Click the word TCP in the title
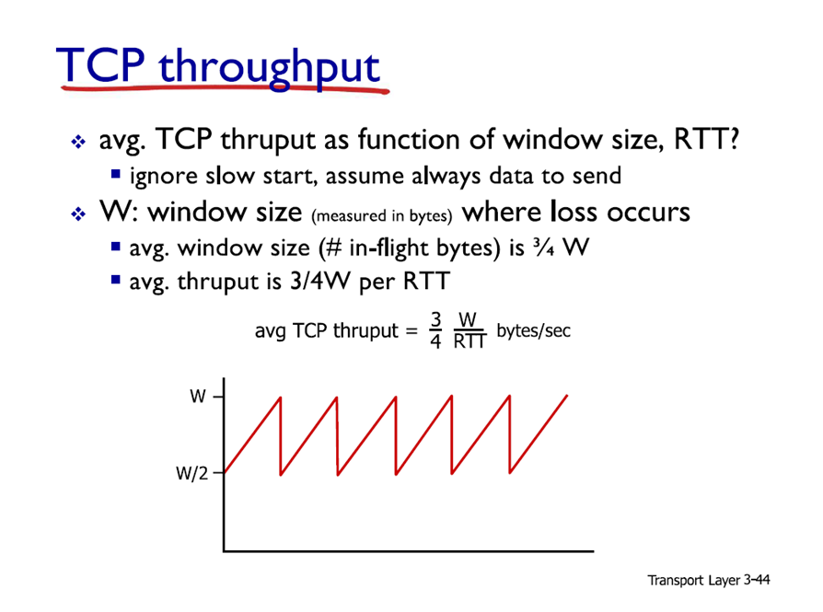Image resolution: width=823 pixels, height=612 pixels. click(100, 64)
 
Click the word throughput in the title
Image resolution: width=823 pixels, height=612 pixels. click(269, 69)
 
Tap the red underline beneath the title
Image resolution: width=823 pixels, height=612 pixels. click(226, 89)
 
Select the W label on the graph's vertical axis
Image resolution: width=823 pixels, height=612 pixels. click(198, 397)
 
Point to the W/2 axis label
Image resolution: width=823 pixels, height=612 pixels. click(192, 473)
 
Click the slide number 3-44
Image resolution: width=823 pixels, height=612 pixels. click(757, 580)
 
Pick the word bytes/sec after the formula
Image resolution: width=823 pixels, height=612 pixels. click(533, 330)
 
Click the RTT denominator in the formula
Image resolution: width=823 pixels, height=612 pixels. click(469, 341)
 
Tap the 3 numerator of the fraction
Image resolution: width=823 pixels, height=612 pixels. click(435, 319)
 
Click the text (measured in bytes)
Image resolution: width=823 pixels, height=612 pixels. click(382, 215)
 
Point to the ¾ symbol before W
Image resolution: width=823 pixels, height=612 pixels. click(543, 248)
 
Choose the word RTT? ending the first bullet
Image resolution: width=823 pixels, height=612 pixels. click(706, 139)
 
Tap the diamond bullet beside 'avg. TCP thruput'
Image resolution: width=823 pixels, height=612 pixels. click(78, 142)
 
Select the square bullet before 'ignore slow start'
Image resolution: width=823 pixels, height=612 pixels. click(116, 174)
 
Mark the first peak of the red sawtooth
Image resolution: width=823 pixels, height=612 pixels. click(280, 398)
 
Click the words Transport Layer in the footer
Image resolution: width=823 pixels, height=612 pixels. click(693, 581)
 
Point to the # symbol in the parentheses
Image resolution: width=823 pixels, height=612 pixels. click(334, 248)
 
